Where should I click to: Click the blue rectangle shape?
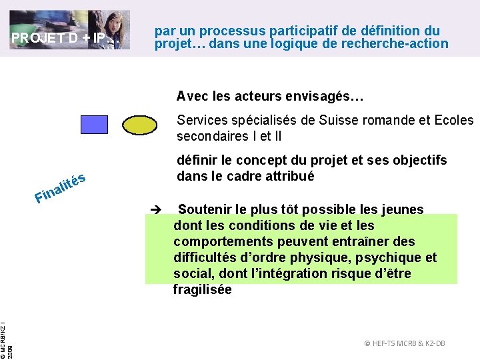[94, 125]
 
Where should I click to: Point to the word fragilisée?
[202, 290]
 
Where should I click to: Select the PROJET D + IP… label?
[65, 38]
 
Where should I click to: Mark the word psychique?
[387, 258]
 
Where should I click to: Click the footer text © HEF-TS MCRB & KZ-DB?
[405, 343]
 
